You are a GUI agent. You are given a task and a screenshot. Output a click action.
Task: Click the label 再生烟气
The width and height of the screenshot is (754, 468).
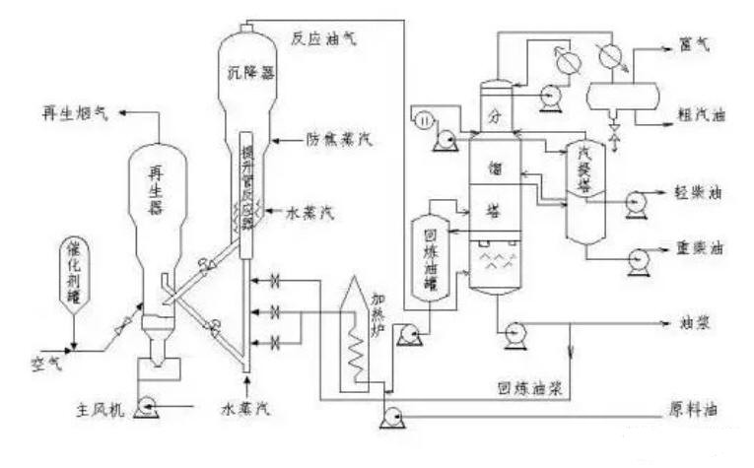pyautogui.click(x=72, y=115)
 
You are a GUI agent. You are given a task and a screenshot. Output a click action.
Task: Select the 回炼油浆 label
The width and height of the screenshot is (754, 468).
pyautogui.click(x=530, y=387)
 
